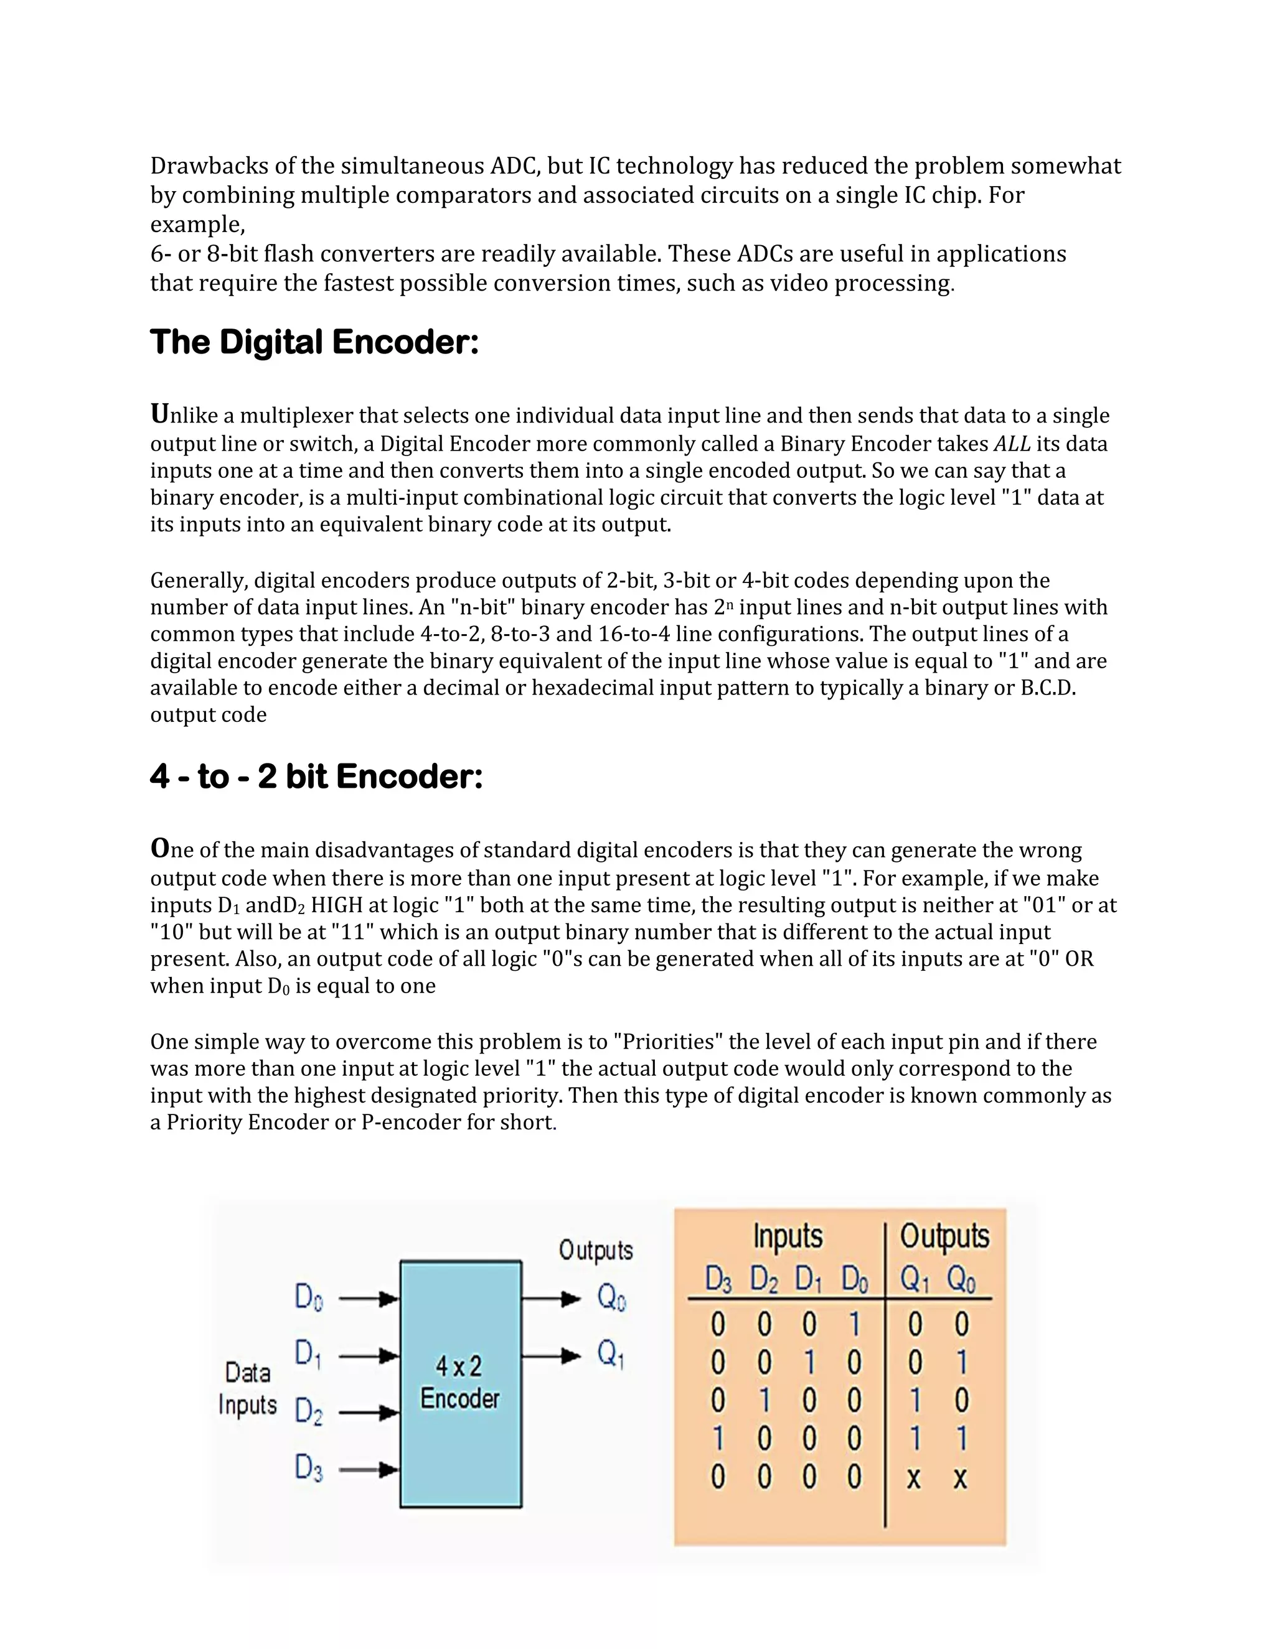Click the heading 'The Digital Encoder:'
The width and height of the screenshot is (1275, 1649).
[314, 342]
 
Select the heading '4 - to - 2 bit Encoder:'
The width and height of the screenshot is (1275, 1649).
[316, 776]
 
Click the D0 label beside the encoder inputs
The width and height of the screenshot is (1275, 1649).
[308, 1299]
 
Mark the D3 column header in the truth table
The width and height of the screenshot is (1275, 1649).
[718, 1281]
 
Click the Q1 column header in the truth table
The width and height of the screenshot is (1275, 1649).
[914, 1281]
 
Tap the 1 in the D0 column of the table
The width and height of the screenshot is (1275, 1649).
[854, 1324]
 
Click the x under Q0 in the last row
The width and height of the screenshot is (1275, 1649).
[960, 1478]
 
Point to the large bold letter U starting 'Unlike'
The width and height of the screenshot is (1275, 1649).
[159, 414]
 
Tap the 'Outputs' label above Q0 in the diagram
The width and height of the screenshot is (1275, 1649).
[595, 1250]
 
